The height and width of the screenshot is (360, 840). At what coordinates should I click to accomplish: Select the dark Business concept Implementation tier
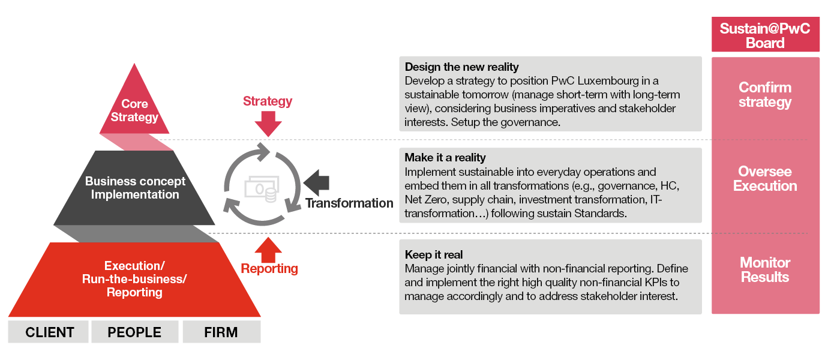134,187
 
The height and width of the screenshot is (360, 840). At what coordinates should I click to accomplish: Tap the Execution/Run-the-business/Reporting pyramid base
134,279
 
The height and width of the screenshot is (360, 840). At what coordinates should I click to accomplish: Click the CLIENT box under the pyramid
49,332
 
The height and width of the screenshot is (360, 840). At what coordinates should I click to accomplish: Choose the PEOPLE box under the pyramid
134,332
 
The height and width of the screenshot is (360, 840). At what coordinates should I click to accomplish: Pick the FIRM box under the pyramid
221,332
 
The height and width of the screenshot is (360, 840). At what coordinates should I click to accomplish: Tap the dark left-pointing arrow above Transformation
317,181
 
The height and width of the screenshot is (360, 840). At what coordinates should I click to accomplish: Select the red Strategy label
268,101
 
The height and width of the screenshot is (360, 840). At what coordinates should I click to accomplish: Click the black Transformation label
349,203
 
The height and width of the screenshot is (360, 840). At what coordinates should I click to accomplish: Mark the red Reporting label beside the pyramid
269,268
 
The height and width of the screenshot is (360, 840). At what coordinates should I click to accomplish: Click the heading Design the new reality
461,67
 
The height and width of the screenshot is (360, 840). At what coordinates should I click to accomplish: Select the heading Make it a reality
445,158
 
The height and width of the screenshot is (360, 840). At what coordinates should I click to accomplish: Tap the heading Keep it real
433,254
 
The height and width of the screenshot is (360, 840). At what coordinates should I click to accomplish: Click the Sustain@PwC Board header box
765,35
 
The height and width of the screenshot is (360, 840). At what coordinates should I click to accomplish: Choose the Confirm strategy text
765,95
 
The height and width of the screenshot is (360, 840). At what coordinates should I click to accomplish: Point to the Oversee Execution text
765,178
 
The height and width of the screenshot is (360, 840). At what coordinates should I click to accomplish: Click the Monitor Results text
765,269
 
